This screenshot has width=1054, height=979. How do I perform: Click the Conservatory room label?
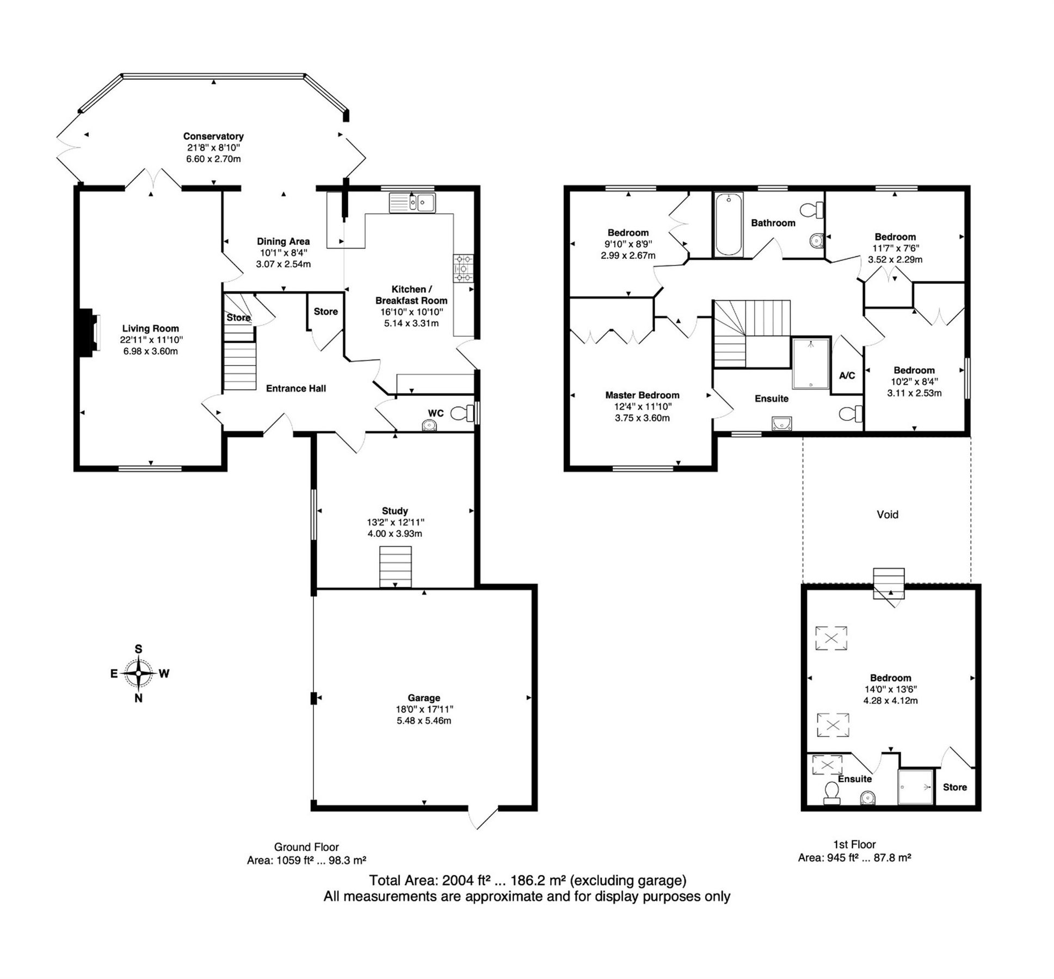pyautogui.click(x=213, y=136)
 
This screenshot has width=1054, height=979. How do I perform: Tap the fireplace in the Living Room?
pyautogui.click(x=88, y=334)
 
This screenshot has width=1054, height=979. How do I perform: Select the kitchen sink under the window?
pyautogui.click(x=412, y=203)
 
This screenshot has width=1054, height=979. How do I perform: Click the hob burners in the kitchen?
pyautogui.click(x=463, y=269)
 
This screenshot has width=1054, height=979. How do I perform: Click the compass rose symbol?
pyautogui.click(x=139, y=673)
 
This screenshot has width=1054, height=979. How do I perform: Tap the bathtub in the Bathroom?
pyautogui.click(x=728, y=224)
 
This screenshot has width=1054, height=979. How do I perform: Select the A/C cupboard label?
pyautogui.click(x=847, y=375)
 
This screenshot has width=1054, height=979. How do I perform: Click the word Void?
pyautogui.click(x=887, y=515)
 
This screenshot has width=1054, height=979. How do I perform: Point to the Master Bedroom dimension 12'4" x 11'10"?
pyautogui.click(x=642, y=406)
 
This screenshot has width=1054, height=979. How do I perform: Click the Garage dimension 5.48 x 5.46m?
pyautogui.click(x=423, y=721)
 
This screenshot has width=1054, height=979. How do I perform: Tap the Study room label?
pyautogui.click(x=395, y=511)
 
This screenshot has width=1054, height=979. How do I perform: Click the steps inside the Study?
pyautogui.click(x=395, y=567)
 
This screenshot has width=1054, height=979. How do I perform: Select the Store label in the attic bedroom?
pyautogui.click(x=954, y=787)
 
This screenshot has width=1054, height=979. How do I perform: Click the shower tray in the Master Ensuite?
pyautogui.click(x=811, y=363)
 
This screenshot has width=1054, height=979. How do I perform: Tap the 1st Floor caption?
pyautogui.click(x=854, y=845)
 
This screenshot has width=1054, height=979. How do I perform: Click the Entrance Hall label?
pyautogui.click(x=295, y=388)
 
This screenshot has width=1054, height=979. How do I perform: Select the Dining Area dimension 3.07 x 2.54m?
pyautogui.click(x=283, y=264)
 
